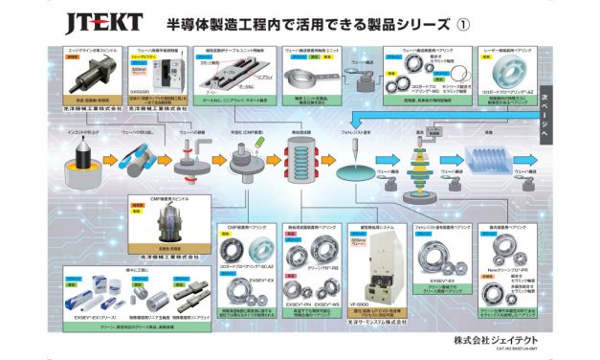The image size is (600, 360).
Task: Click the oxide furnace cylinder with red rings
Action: pyautogui.click(x=303, y=156)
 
